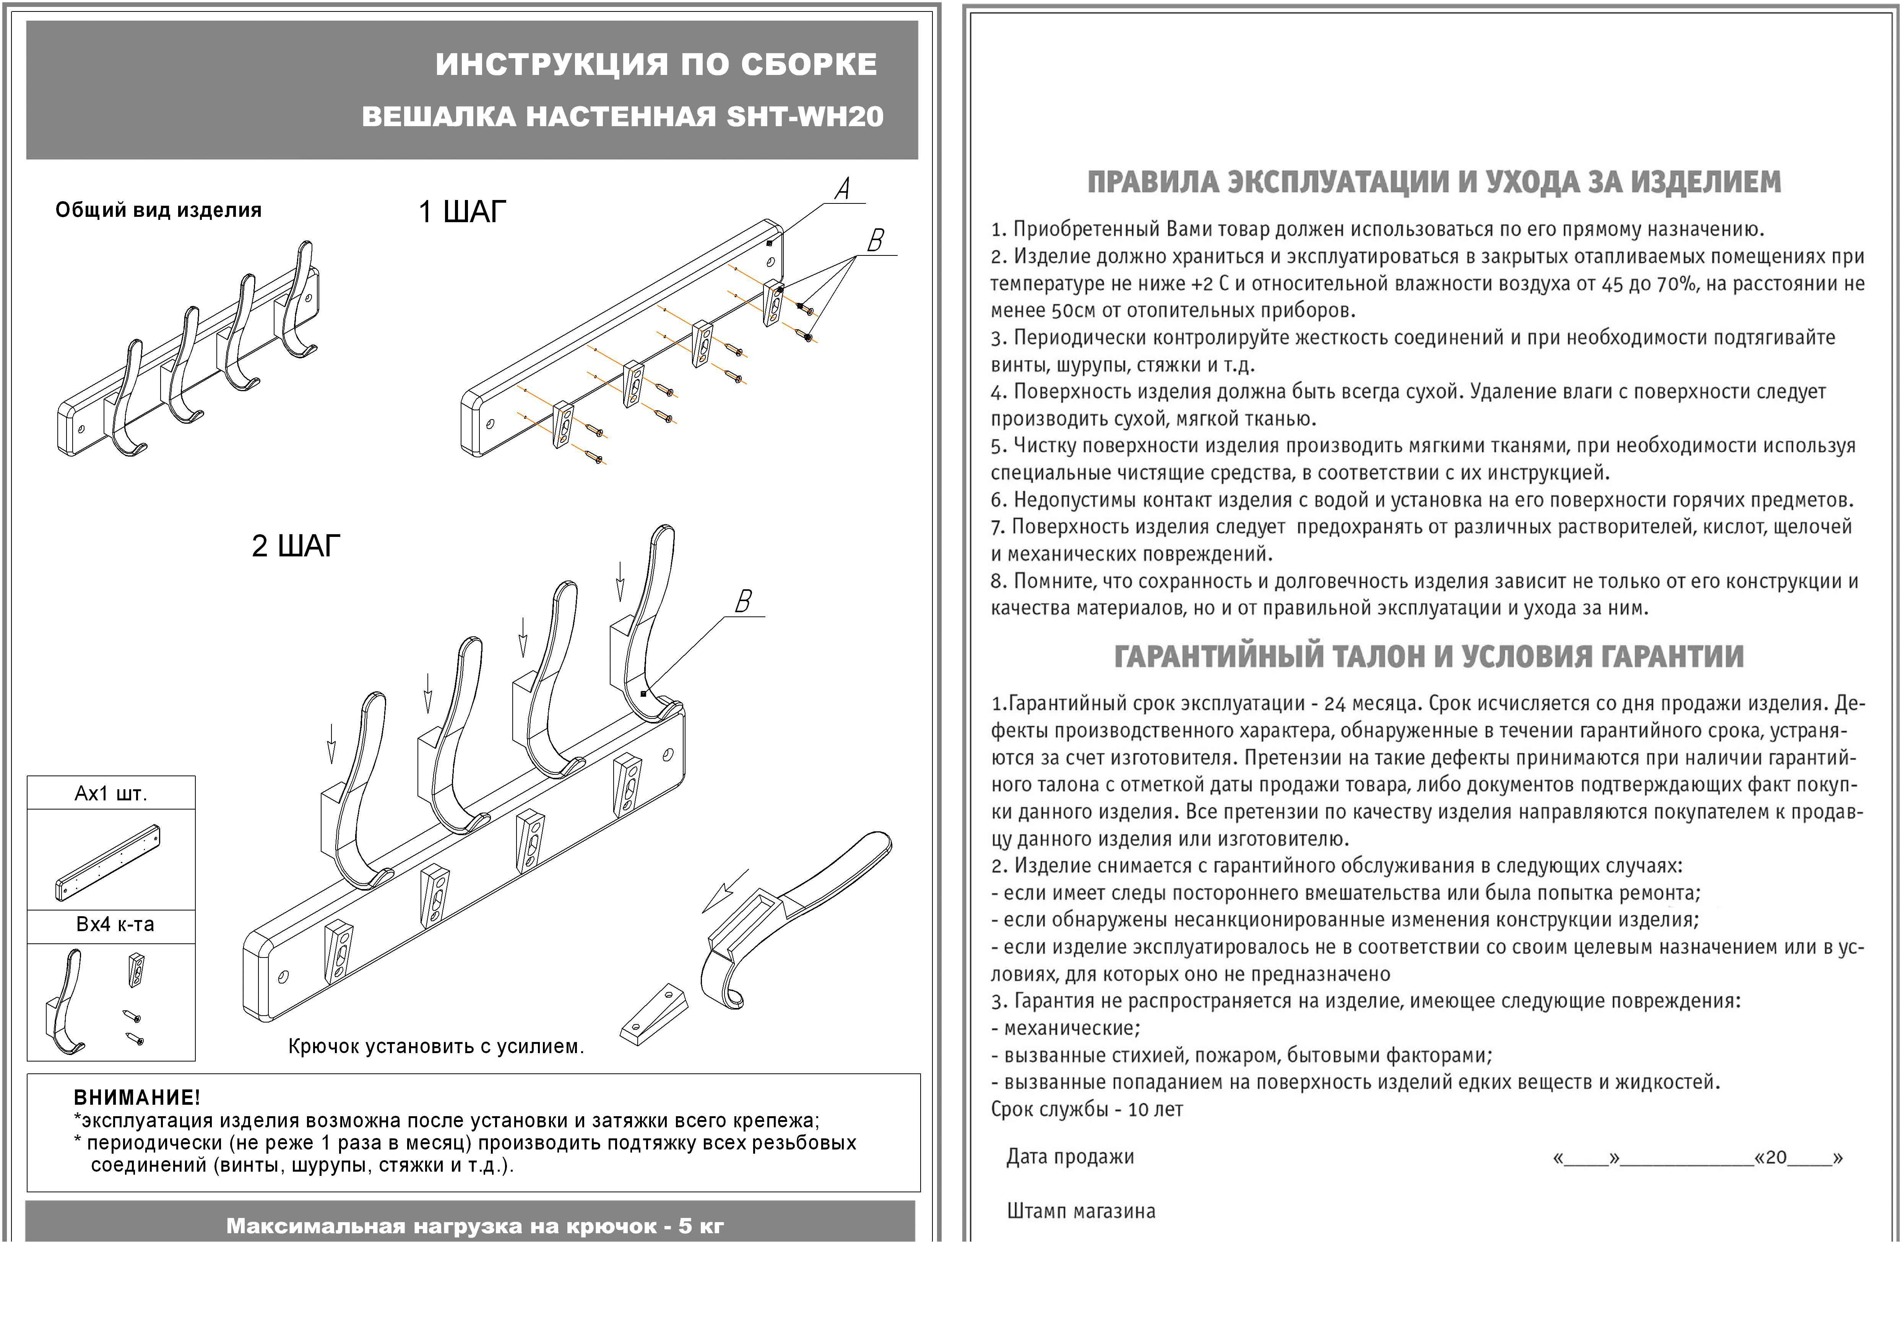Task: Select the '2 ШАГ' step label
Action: (296, 546)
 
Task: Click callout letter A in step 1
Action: (843, 189)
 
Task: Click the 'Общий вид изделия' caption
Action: (158, 210)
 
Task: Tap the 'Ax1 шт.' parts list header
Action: (111, 794)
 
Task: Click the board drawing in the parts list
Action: (108, 862)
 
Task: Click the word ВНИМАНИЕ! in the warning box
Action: (137, 1098)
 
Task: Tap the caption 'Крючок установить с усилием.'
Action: (436, 1046)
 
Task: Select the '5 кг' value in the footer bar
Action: (701, 1226)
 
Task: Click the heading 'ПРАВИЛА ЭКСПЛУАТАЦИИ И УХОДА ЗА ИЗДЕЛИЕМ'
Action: (1433, 182)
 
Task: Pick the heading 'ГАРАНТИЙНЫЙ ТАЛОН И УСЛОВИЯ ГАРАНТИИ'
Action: (1429, 657)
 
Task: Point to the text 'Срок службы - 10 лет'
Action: (1087, 1109)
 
